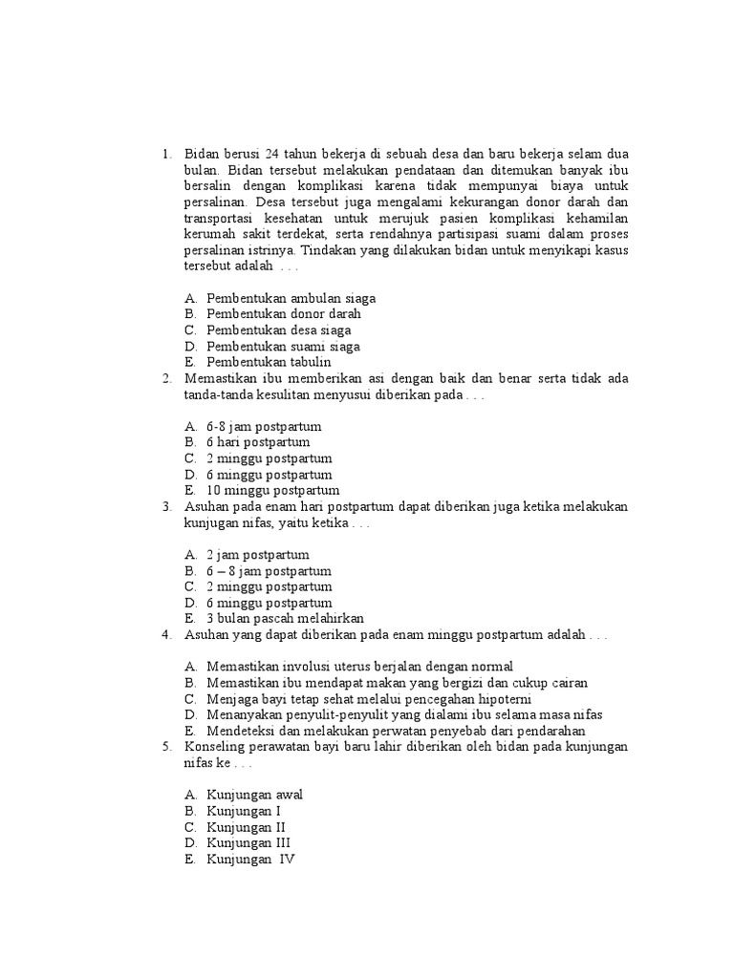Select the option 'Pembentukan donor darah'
[284, 314]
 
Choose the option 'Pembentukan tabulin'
[269, 362]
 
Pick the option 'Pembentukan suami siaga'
[283, 346]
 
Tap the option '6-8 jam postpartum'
[264, 427]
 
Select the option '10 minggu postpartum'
[272, 491]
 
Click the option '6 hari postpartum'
[258, 443]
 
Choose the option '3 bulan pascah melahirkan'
[285, 619]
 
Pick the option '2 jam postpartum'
[258, 555]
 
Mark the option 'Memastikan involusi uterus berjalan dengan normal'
[359, 667]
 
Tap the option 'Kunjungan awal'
[255, 795]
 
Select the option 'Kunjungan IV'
[250, 859]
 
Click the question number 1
[166, 154]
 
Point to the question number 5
[166, 747]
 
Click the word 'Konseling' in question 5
[214, 747]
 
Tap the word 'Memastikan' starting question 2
[219, 378]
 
